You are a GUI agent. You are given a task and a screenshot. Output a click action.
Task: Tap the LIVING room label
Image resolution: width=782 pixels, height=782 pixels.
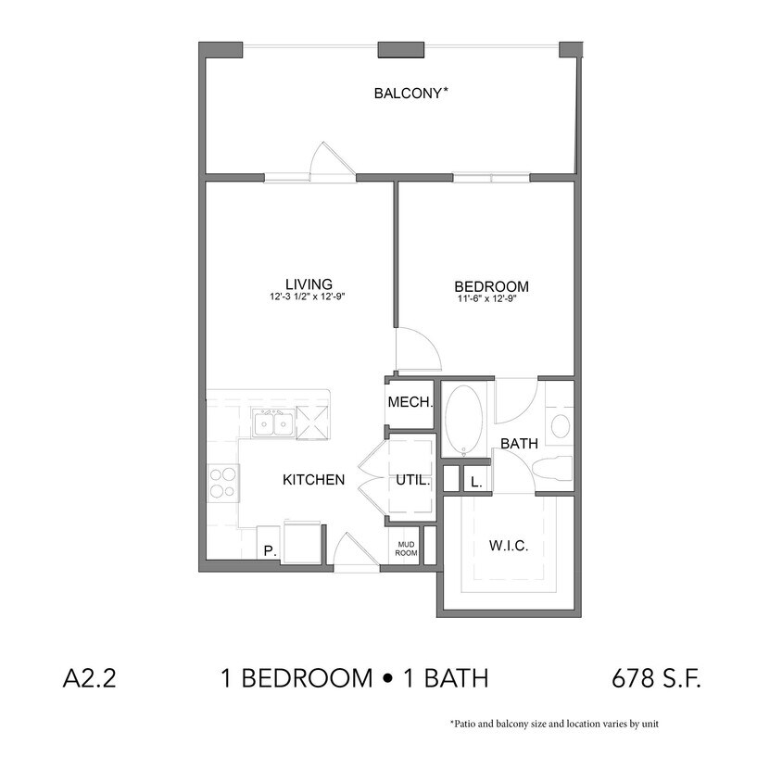pos(309,284)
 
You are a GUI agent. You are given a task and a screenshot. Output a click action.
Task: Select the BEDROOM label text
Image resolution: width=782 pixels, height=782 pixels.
pos(491,286)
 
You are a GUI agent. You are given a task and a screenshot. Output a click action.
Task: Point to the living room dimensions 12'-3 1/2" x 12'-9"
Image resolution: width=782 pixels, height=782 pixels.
pos(309,297)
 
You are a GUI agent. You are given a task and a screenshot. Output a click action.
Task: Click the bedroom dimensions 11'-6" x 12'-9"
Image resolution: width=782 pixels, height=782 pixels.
pos(491,299)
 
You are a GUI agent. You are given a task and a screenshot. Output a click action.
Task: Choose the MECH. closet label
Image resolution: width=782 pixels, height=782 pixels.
pos(410,403)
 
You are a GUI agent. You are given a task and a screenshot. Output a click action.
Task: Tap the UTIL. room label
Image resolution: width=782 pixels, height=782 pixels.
pos(412,481)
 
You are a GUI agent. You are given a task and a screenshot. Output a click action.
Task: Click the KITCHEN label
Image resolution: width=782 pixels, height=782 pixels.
pos(313,480)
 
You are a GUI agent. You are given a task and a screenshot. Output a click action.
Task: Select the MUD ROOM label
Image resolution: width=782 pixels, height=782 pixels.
pos(407,549)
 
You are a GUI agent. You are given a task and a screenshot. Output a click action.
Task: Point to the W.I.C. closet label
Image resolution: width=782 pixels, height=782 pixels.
pos(509,546)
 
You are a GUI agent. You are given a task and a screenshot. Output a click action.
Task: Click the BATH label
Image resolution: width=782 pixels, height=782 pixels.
pos(519,444)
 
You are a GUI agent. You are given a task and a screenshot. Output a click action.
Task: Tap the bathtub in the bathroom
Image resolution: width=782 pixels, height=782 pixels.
pos(462,420)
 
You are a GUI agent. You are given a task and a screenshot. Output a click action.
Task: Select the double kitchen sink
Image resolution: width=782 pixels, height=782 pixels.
pos(272,423)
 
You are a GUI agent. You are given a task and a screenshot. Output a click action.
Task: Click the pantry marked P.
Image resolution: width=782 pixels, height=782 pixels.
pos(270,550)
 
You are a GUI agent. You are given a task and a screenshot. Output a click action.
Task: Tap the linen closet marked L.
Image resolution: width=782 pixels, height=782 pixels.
pos(476,482)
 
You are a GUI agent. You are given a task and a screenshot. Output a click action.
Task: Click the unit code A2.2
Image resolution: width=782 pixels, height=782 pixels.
pos(88,678)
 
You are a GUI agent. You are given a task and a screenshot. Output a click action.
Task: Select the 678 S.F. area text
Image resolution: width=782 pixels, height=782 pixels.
pos(656,678)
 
